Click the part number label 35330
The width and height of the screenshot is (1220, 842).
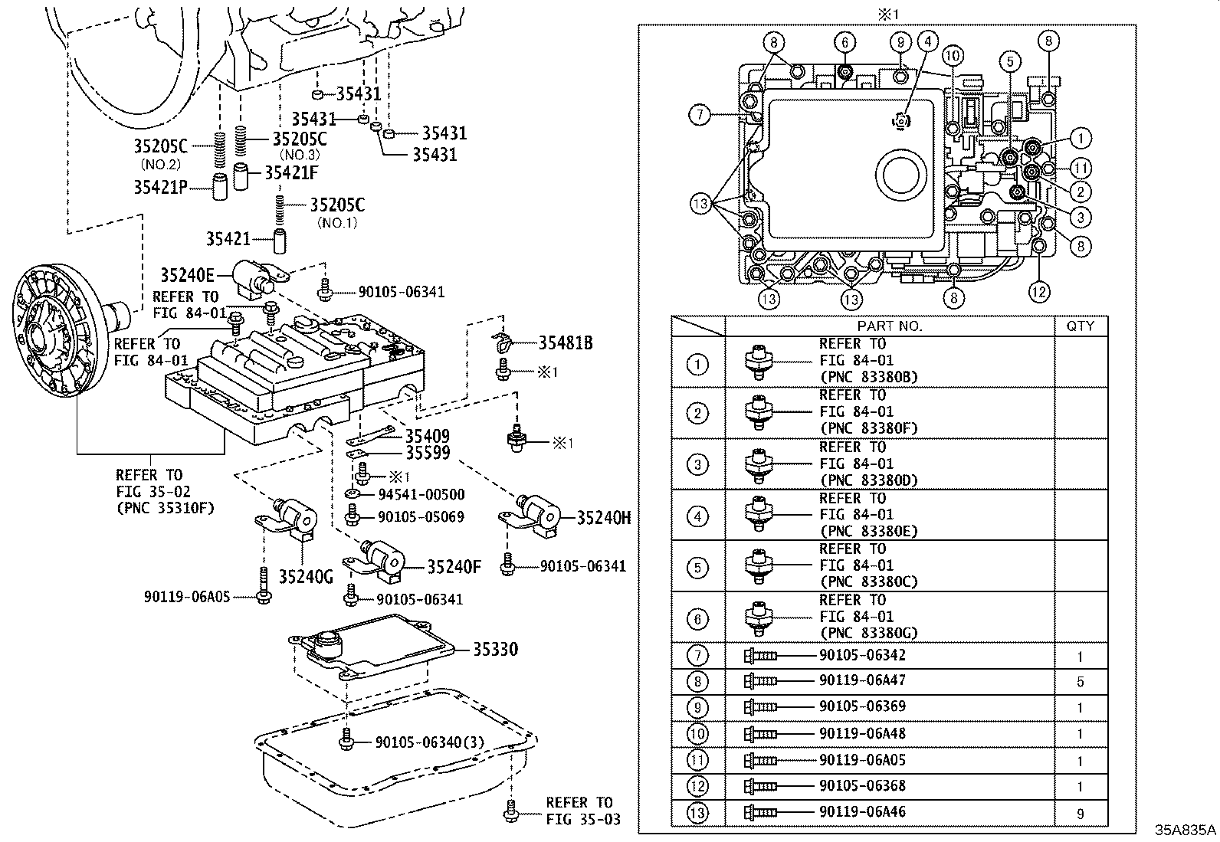point(495,649)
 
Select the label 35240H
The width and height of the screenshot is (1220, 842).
point(604,518)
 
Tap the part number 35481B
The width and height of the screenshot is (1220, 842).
point(566,343)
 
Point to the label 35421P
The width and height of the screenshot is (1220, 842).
point(160,186)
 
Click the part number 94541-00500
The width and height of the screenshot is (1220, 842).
point(421,495)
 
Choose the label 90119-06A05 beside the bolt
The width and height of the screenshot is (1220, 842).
point(187,596)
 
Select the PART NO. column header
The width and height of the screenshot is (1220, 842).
point(890,326)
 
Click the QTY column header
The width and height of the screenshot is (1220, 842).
point(1081,326)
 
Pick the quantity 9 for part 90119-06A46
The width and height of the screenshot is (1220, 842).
point(1081,814)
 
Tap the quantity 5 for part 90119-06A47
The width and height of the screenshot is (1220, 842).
point(1081,682)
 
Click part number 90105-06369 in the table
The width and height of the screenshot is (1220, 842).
point(862,706)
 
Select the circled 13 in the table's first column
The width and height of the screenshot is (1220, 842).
point(697,812)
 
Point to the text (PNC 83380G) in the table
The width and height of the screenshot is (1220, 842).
point(867,633)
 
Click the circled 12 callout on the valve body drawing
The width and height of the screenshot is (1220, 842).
point(1038,291)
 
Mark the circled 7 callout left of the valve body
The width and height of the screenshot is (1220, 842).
point(700,115)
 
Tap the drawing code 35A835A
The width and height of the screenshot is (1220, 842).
point(1186,830)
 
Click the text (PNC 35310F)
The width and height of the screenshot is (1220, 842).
point(165,507)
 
